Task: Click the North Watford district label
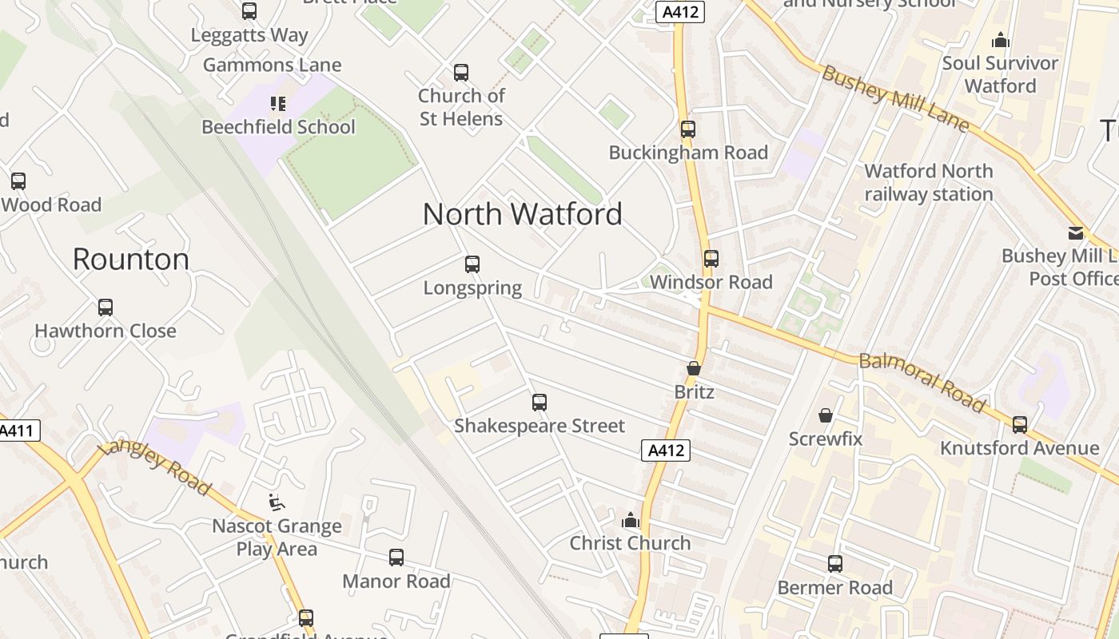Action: (x=522, y=214)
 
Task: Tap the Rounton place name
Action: (x=131, y=259)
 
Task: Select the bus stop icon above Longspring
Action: (x=472, y=264)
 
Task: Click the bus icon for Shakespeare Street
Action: (x=540, y=403)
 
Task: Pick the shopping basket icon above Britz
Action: (x=693, y=369)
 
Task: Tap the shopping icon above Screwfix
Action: (x=826, y=415)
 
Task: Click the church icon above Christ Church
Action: (x=631, y=520)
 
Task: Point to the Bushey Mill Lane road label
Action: (x=895, y=99)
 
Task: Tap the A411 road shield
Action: (x=18, y=431)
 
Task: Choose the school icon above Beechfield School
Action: (x=277, y=103)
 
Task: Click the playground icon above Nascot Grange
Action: (x=277, y=502)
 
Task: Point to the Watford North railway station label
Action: (x=928, y=182)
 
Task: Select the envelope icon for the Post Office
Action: (x=1075, y=233)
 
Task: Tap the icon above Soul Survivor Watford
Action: (x=1000, y=40)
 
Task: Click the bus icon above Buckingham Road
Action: (x=687, y=129)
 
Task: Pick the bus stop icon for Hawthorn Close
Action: (x=106, y=308)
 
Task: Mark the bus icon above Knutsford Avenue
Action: (x=1020, y=425)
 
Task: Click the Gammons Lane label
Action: (x=272, y=65)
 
